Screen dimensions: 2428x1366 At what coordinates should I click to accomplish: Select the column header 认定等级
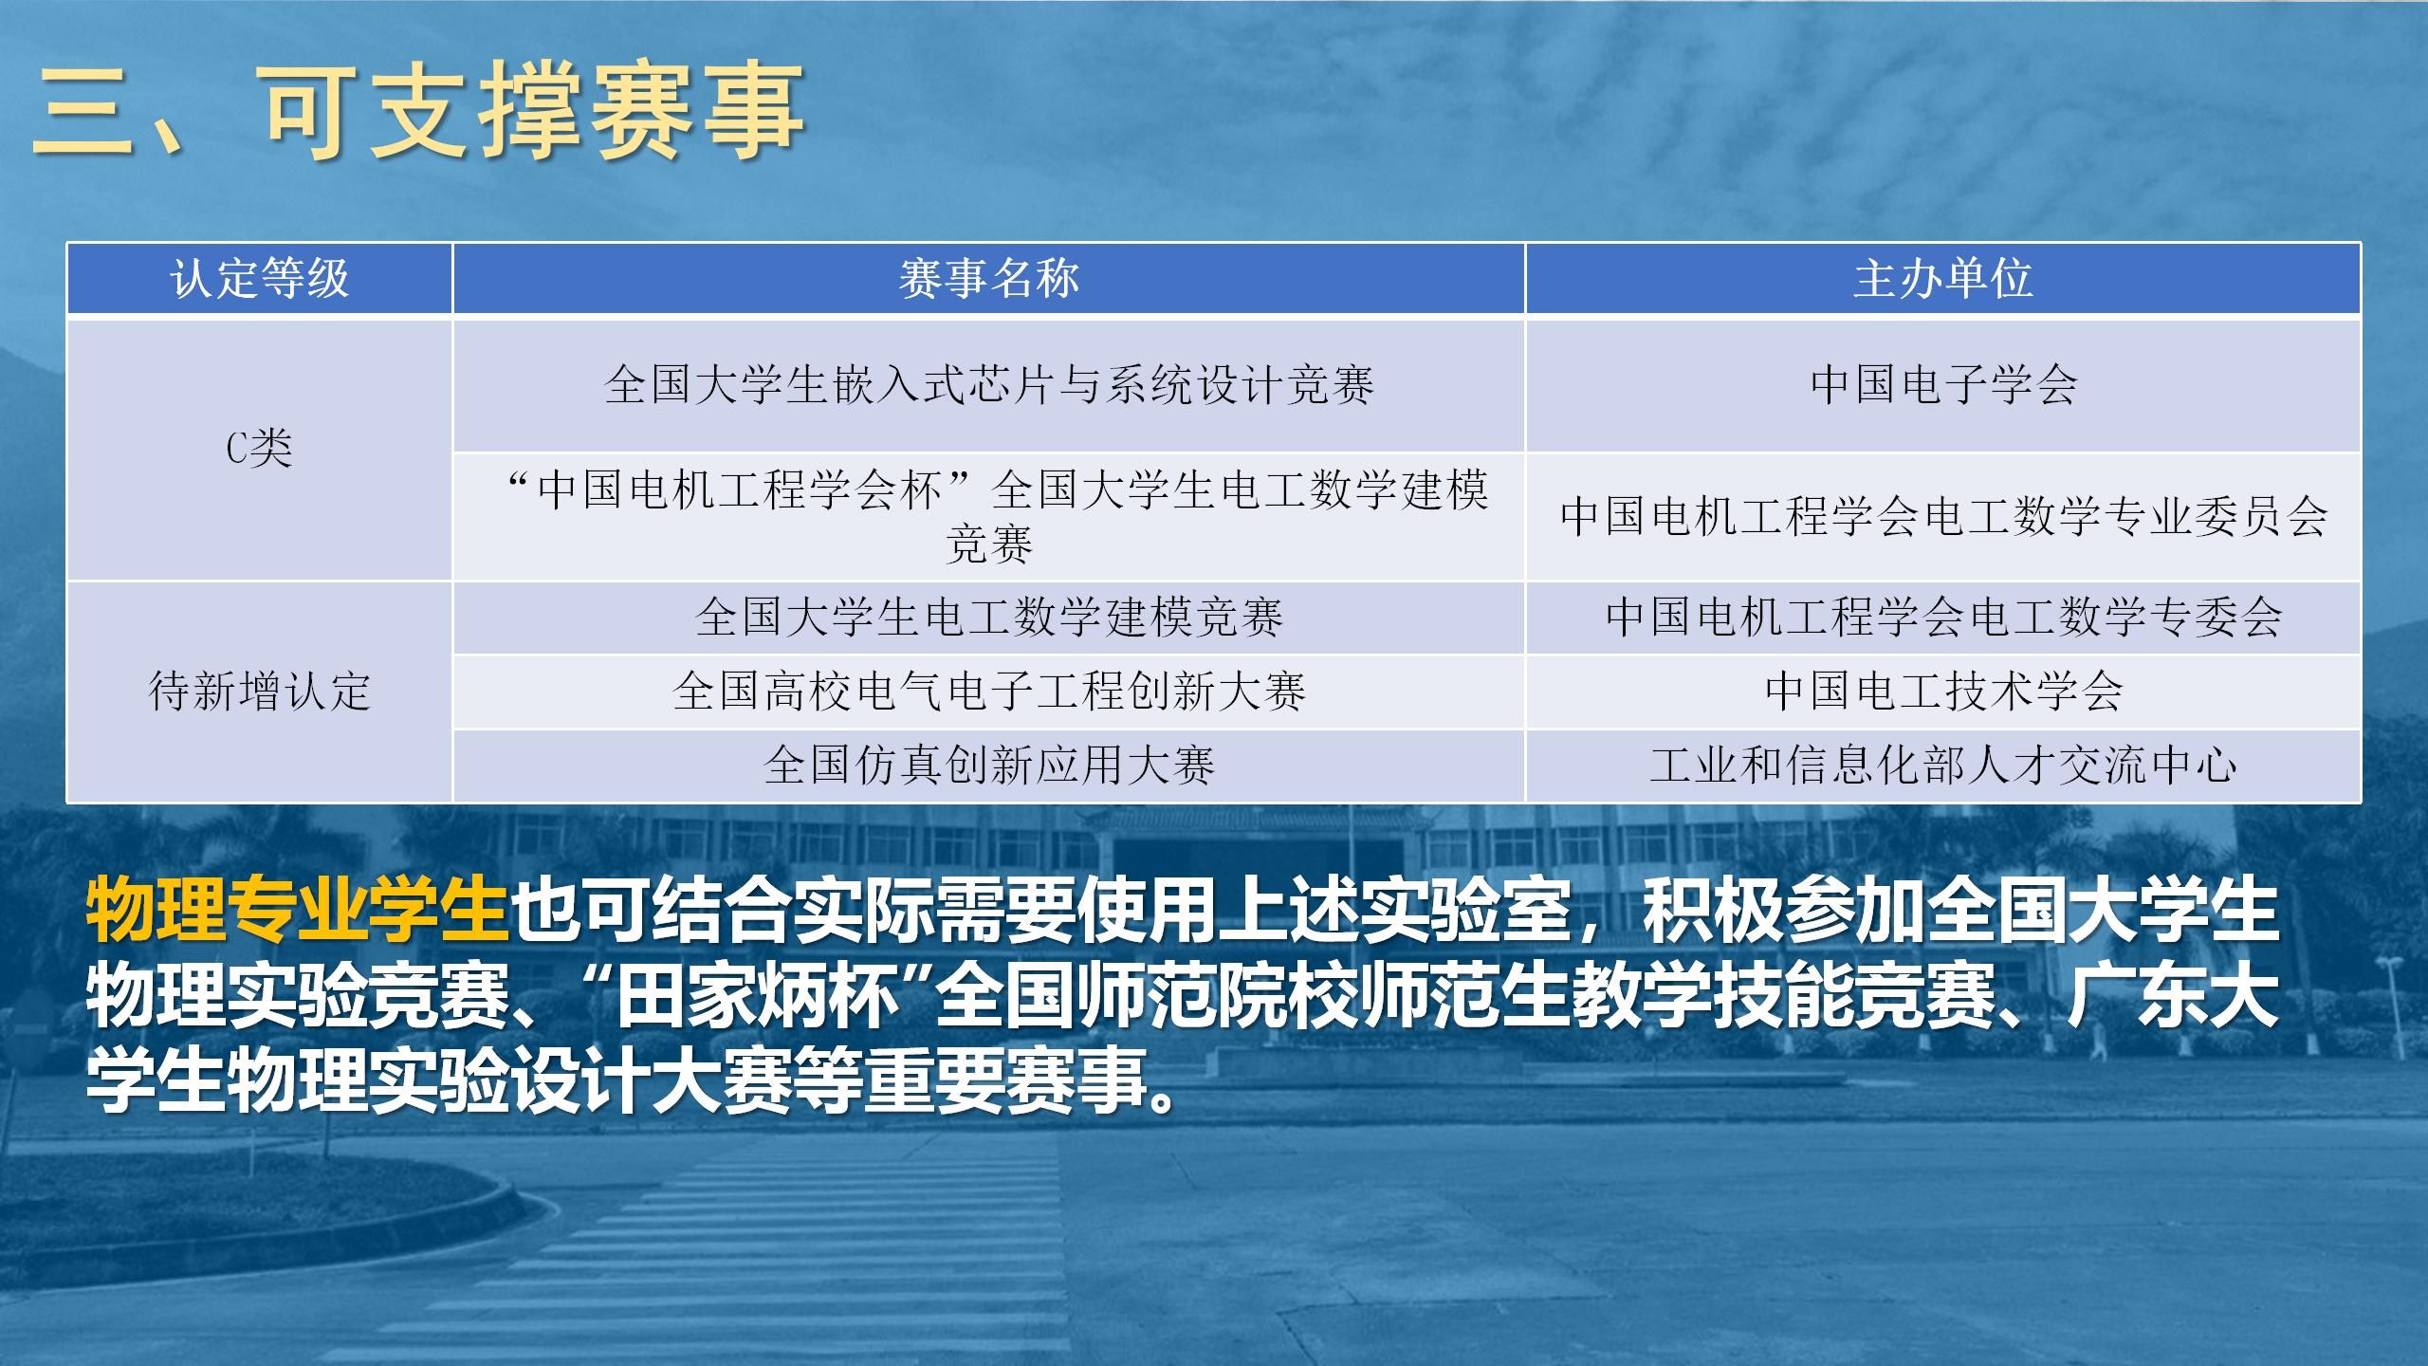[x=259, y=279]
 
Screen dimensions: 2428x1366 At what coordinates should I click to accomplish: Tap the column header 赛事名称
[x=988, y=279]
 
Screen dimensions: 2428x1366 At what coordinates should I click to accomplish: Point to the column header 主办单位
[x=1942, y=279]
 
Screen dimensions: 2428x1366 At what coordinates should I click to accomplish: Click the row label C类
[x=259, y=449]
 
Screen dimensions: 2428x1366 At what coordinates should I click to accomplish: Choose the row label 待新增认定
[x=259, y=691]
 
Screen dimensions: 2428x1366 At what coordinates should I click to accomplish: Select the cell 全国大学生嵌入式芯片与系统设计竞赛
[x=988, y=385]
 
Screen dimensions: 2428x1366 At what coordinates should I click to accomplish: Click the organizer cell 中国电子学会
[x=1942, y=385]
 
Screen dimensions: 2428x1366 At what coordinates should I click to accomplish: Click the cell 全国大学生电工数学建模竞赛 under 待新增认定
[x=988, y=618]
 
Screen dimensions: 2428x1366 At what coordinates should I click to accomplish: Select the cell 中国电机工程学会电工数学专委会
[x=1942, y=618]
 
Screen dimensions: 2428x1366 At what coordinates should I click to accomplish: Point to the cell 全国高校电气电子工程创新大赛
[x=988, y=691]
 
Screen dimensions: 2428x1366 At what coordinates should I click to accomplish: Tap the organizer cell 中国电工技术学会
[x=1942, y=691]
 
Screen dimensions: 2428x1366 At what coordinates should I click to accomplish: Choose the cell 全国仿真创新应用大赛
[x=988, y=765]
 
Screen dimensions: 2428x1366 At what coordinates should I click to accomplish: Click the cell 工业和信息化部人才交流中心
[x=1942, y=765]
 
